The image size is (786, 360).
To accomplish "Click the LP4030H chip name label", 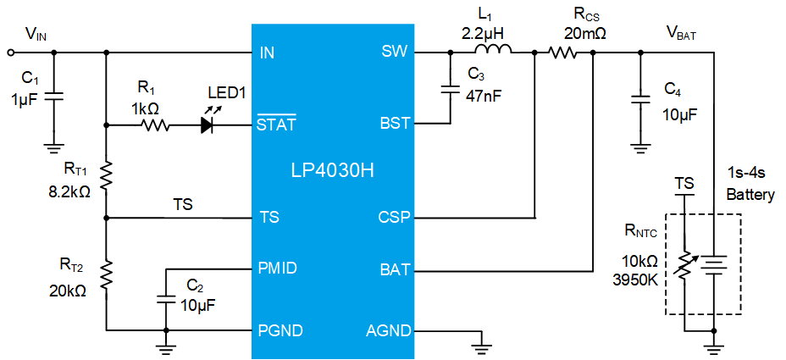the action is pyautogui.click(x=332, y=171).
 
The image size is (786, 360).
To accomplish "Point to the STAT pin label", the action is pyautogui.click(x=276, y=123).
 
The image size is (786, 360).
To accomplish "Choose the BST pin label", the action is pyautogui.click(x=394, y=124).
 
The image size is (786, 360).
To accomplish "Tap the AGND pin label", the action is pyautogui.click(x=389, y=331).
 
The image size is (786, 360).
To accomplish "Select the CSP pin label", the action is pyautogui.click(x=395, y=218).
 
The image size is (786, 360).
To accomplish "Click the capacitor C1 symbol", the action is pyautogui.click(x=54, y=97).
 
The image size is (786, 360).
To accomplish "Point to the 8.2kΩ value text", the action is pyautogui.click(x=67, y=192).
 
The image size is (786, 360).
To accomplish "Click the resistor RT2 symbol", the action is pyautogui.click(x=106, y=274).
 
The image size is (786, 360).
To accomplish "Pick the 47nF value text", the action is pyautogui.click(x=482, y=94).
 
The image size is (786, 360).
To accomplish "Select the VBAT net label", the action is pyautogui.click(x=682, y=34).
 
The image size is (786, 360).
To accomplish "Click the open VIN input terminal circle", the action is pyautogui.click(x=11, y=52).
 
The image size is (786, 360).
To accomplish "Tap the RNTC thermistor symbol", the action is pyautogui.click(x=684, y=265).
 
